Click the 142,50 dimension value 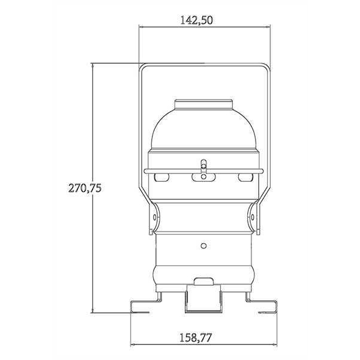click(x=197, y=20)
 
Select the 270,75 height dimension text click(x=85, y=188)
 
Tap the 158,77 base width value click(x=195, y=338)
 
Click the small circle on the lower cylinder click(x=203, y=246)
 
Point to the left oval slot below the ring click(x=161, y=177)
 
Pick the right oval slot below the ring click(x=245, y=177)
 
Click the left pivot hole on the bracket click(x=155, y=217)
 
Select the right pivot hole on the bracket click(x=253, y=217)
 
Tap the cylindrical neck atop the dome click(x=203, y=104)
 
